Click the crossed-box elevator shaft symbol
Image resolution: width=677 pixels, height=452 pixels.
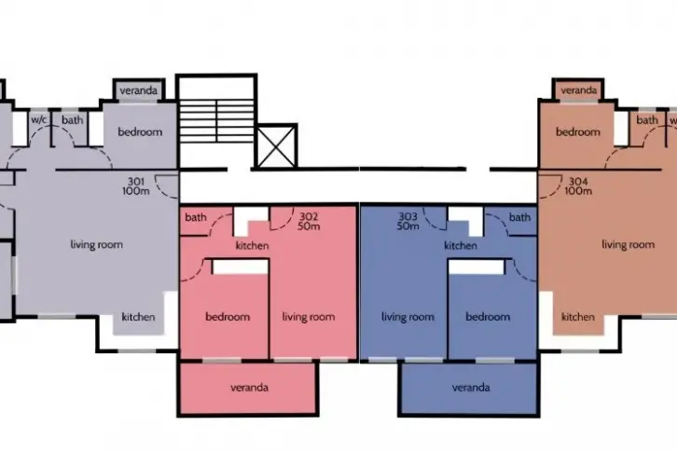pos(276,146)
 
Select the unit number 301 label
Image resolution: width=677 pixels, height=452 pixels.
pos(135,182)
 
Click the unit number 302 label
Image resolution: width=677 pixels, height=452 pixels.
pos(309,216)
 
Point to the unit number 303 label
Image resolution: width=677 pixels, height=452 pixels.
pos(408,216)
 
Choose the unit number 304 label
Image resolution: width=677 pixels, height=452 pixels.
pos(578,182)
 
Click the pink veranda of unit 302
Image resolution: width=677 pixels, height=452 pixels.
pos(249,388)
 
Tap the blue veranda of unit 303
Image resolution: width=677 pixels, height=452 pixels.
pos(470,388)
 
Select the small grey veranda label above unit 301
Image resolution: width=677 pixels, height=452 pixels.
pos(139,90)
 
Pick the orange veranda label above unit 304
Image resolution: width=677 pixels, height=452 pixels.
pos(578,90)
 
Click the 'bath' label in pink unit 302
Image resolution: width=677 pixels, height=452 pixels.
pos(196,217)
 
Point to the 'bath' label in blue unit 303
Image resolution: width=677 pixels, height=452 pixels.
pos(519,217)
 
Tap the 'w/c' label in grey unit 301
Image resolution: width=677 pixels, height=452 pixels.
pos(39,119)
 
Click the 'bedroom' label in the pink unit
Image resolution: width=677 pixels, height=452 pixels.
pos(228,317)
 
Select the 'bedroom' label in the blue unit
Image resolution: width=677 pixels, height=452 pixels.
pos(488,317)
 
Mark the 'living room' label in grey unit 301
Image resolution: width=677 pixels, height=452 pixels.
pos(97,245)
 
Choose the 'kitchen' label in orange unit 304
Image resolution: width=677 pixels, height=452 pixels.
pos(578,317)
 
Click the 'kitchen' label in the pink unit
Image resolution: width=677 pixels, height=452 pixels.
pos(252,246)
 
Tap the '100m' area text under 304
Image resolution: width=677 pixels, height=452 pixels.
pos(578,191)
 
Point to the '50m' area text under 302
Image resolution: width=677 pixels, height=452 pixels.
pos(309,226)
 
